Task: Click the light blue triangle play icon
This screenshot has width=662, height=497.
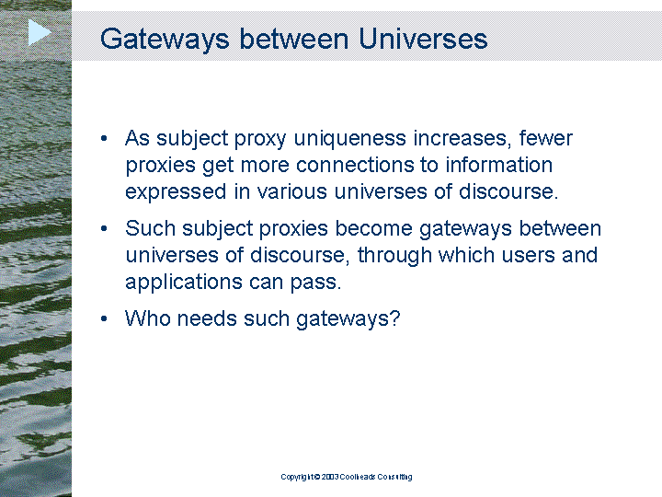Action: [40, 32]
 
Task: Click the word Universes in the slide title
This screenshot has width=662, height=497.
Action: [423, 39]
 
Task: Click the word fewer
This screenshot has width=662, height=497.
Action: [545, 138]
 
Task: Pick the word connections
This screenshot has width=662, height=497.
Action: [354, 165]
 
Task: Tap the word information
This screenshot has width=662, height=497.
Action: [498, 165]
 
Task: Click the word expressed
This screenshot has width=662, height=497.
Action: [176, 192]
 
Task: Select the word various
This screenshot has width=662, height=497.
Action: [291, 191]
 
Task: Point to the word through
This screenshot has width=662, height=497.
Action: [394, 256]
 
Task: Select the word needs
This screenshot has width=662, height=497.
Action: [207, 318]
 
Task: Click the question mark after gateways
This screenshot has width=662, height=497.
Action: [394, 318]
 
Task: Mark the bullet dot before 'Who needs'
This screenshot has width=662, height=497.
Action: [104, 318]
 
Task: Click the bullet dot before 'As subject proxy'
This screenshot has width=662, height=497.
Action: [104, 138]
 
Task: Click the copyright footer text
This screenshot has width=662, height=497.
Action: [347, 477]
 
